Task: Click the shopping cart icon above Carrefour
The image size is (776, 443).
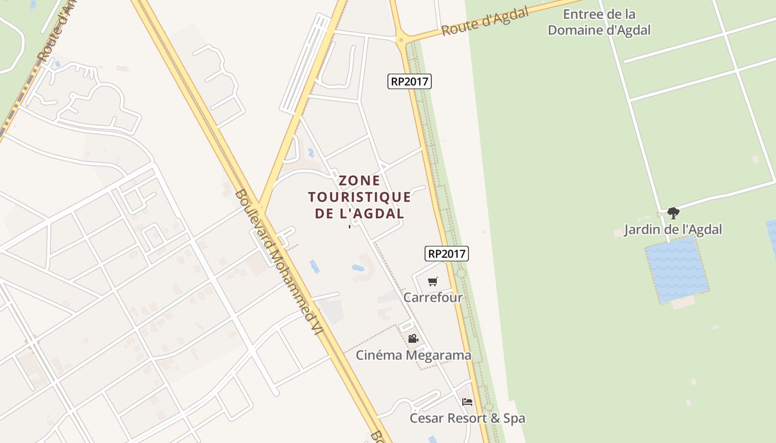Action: pos(433,281)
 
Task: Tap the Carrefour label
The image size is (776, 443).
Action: pos(433,297)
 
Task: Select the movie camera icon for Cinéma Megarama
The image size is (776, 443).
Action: pos(413,338)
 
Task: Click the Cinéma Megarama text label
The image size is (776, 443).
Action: pos(413,355)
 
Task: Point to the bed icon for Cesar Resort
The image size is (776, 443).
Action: pos(467,401)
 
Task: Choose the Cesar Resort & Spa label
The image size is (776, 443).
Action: pos(467,418)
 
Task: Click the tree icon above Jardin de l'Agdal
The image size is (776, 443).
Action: pos(673,213)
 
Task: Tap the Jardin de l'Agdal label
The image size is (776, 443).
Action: pos(673,229)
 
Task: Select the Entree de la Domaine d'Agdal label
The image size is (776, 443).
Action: pos(599,22)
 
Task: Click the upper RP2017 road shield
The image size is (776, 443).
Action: pos(410,81)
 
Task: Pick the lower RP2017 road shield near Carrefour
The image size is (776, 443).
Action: pos(447,254)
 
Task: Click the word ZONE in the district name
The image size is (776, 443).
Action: pos(360,181)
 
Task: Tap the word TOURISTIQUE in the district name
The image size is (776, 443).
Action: pos(360,197)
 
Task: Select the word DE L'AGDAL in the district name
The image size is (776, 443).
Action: pos(360,214)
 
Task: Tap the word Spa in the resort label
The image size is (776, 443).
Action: pos(513,418)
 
